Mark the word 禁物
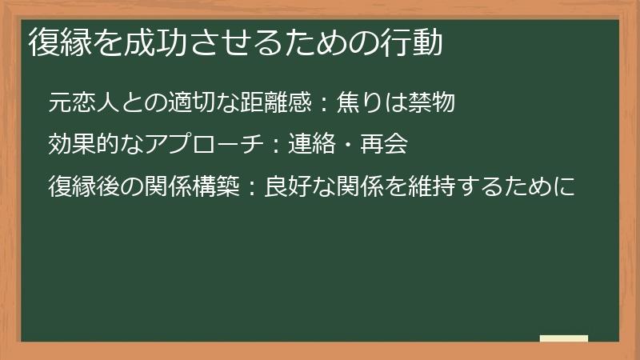pos(436,102)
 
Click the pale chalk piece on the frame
pos(563,338)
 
